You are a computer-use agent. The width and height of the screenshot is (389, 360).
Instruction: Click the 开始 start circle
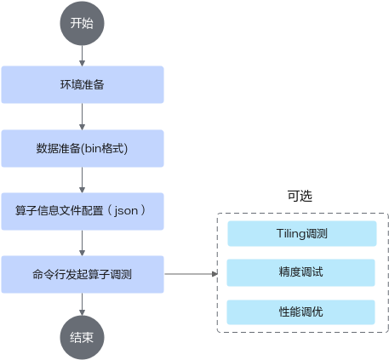click(82, 23)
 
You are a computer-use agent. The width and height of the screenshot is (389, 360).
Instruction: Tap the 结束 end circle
click(82, 338)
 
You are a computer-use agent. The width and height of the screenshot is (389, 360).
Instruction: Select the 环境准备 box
click(83, 84)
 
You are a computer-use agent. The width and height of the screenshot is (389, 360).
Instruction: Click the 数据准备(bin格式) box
click(83, 148)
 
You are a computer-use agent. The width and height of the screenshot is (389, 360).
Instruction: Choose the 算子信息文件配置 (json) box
click(83, 211)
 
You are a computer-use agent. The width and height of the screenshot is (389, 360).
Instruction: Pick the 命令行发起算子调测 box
click(83, 274)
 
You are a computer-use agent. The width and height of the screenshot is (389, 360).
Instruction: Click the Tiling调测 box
click(302, 233)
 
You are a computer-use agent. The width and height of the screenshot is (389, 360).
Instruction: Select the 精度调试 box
click(301, 272)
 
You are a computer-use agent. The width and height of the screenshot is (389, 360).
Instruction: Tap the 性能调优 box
click(301, 312)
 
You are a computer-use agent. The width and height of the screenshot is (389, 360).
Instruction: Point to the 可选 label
click(300, 196)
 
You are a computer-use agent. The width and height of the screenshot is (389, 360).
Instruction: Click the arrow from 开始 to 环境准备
click(82, 56)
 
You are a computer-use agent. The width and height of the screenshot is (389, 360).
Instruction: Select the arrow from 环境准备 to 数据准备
click(82, 117)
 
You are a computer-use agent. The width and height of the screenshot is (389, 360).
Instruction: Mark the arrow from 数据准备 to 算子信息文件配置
click(82, 180)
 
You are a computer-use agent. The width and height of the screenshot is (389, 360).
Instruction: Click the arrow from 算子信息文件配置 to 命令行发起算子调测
click(82, 243)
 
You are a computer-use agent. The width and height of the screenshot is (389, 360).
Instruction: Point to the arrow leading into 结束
click(82, 305)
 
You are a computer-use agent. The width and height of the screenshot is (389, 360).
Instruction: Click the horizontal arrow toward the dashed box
click(191, 274)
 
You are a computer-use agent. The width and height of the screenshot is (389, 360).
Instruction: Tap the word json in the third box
click(126, 211)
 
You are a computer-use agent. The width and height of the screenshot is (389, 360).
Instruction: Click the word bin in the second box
click(93, 148)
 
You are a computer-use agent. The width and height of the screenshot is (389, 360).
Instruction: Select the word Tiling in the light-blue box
click(290, 234)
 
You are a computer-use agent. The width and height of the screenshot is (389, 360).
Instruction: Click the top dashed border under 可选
click(302, 214)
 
